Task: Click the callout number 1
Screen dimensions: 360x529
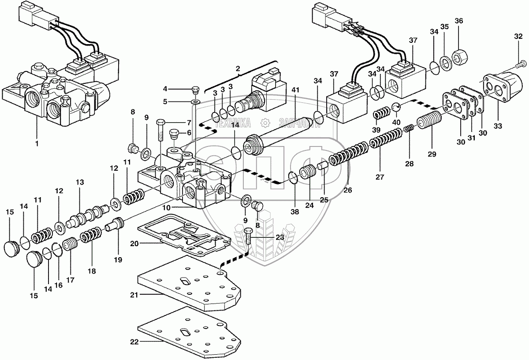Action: [x=37, y=143]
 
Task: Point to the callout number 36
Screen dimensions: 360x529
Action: [x=458, y=21]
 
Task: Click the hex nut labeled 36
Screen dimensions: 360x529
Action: [x=459, y=56]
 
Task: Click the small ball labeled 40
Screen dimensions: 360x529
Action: [x=395, y=106]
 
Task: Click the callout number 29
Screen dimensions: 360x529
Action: [x=432, y=154]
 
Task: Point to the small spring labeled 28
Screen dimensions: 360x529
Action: [x=408, y=128]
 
